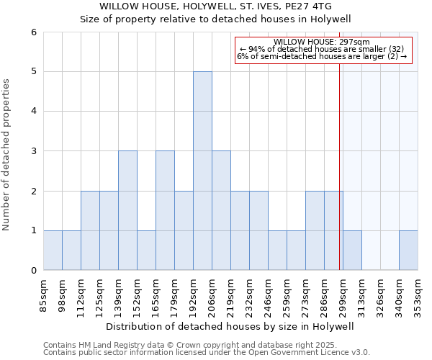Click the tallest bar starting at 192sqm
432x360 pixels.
pyautogui.click(x=202, y=171)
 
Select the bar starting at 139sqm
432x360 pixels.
pyautogui.click(x=127, y=210)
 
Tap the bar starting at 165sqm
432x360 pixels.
pyautogui.click(x=165, y=210)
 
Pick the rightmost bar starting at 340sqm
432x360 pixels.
pyautogui.click(x=408, y=251)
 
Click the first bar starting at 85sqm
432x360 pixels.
pyautogui.click(x=53, y=251)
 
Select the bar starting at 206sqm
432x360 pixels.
pyautogui.click(x=221, y=210)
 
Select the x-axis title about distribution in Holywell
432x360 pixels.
pyautogui.click(x=230, y=326)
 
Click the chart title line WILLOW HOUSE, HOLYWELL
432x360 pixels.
pyautogui.click(x=215, y=6)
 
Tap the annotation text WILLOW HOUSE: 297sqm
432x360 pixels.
pyautogui.click(x=322, y=42)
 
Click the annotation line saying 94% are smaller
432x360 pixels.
pyautogui.click(x=322, y=49)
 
